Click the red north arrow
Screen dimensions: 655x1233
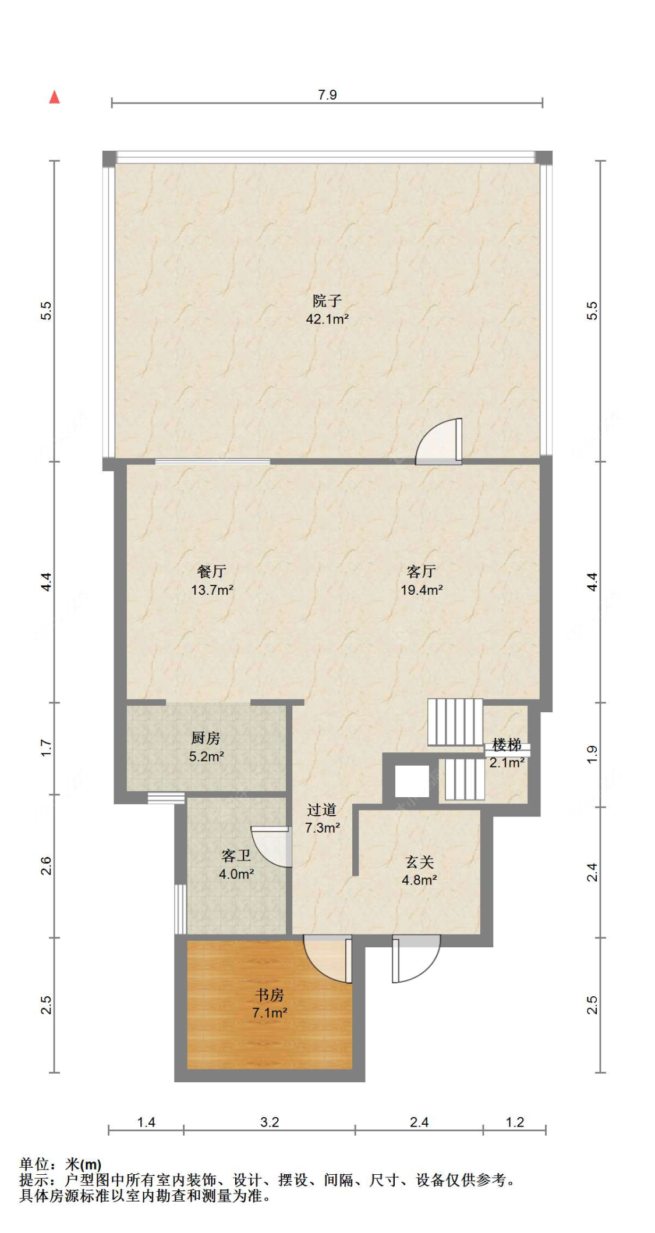(54, 97)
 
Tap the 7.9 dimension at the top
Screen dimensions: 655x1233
(327, 95)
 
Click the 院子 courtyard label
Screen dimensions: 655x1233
(327, 301)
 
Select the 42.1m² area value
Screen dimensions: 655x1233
(327, 319)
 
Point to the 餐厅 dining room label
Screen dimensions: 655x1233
(212, 571)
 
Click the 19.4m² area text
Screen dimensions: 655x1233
(422, 590)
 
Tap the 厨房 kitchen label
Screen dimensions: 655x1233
(206, 738)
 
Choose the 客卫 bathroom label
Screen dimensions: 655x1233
(236, 855)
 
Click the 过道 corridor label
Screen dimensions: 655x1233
(322, 809)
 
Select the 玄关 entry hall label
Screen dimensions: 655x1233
(420, 862)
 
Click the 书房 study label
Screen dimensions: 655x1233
(270, 994)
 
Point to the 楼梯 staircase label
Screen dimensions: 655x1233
(507, 745)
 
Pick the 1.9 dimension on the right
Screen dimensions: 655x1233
(592, 754)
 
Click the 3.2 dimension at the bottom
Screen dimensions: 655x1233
(270, 1122)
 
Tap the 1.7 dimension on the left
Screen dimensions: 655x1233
(46, 748)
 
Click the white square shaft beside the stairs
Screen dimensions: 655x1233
(412, 781)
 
